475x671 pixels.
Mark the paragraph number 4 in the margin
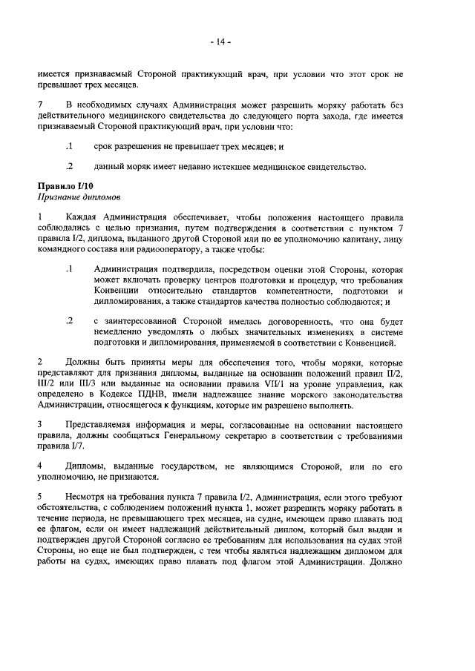tap(40, 463)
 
